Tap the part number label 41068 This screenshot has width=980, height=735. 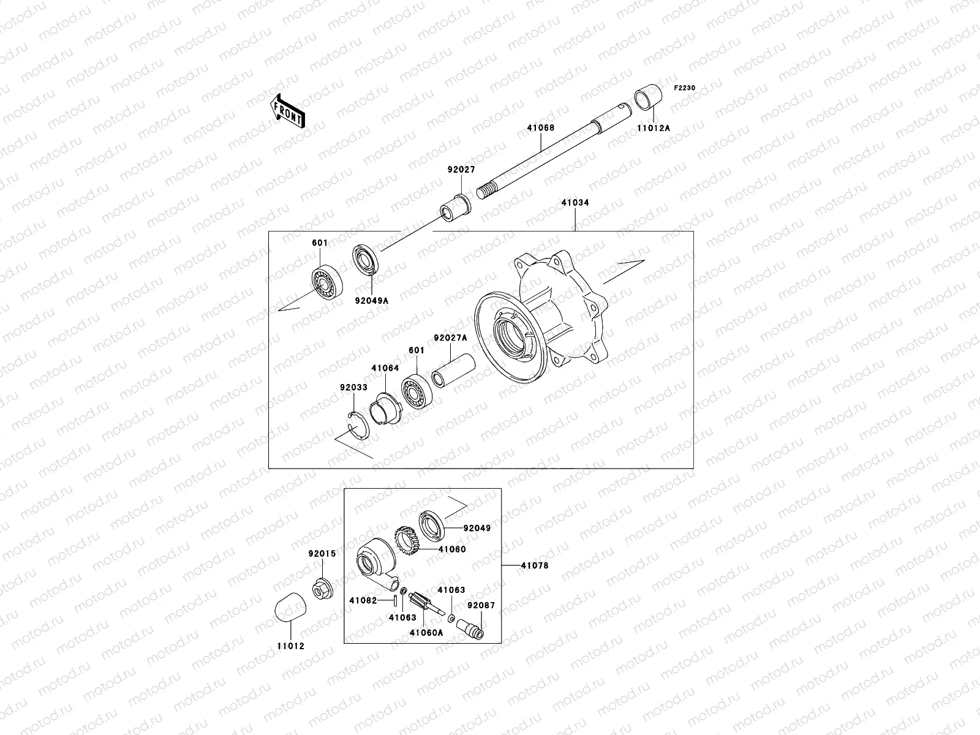tap(541, 128)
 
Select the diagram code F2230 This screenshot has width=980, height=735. tap(685, 88)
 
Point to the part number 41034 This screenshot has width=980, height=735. tap(575, 203)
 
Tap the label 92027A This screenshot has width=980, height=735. tap(450, 337)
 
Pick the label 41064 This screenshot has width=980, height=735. tap(385, 368)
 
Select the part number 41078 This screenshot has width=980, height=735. tap(535, 565)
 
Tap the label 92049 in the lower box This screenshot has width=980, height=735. tap(477, 527)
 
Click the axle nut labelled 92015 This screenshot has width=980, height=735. tap(323, 589)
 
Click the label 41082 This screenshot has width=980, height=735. tap(363, 601)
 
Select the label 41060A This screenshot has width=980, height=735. tap(426, 633)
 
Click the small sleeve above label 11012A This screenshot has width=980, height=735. tap(649, 97)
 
